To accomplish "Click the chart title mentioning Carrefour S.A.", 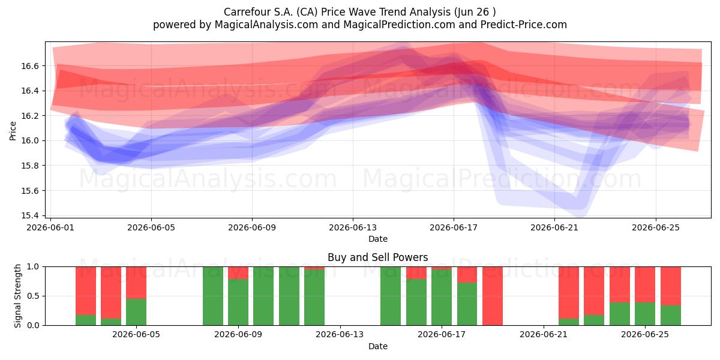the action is pos(359,12).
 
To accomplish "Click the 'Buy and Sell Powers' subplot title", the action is pos(377,257).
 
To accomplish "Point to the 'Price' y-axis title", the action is pos(13,131).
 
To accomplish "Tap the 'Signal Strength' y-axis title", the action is pos(17,296).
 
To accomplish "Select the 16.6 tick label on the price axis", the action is pos(29,66).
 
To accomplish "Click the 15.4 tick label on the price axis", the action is pos(29,215).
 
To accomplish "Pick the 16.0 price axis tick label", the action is pos(29,141).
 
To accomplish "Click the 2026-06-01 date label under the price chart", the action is pos(50,227).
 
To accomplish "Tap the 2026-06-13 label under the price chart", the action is pos(353,227).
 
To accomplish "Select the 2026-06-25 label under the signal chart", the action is pos(645,335).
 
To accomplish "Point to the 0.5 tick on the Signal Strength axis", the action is pos(34,296).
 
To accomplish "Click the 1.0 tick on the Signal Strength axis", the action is pos(34,267).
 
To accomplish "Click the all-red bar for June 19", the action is pos(493,296).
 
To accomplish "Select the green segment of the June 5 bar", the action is pos(136,312).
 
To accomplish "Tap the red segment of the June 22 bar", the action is pos(569,293).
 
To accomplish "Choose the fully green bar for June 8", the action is pos(213,296).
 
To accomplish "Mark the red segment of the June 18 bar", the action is pos(467,275).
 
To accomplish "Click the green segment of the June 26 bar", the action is pos(671,316).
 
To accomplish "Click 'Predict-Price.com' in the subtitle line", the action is pos(524,25).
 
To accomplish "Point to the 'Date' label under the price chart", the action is pos(377,239).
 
